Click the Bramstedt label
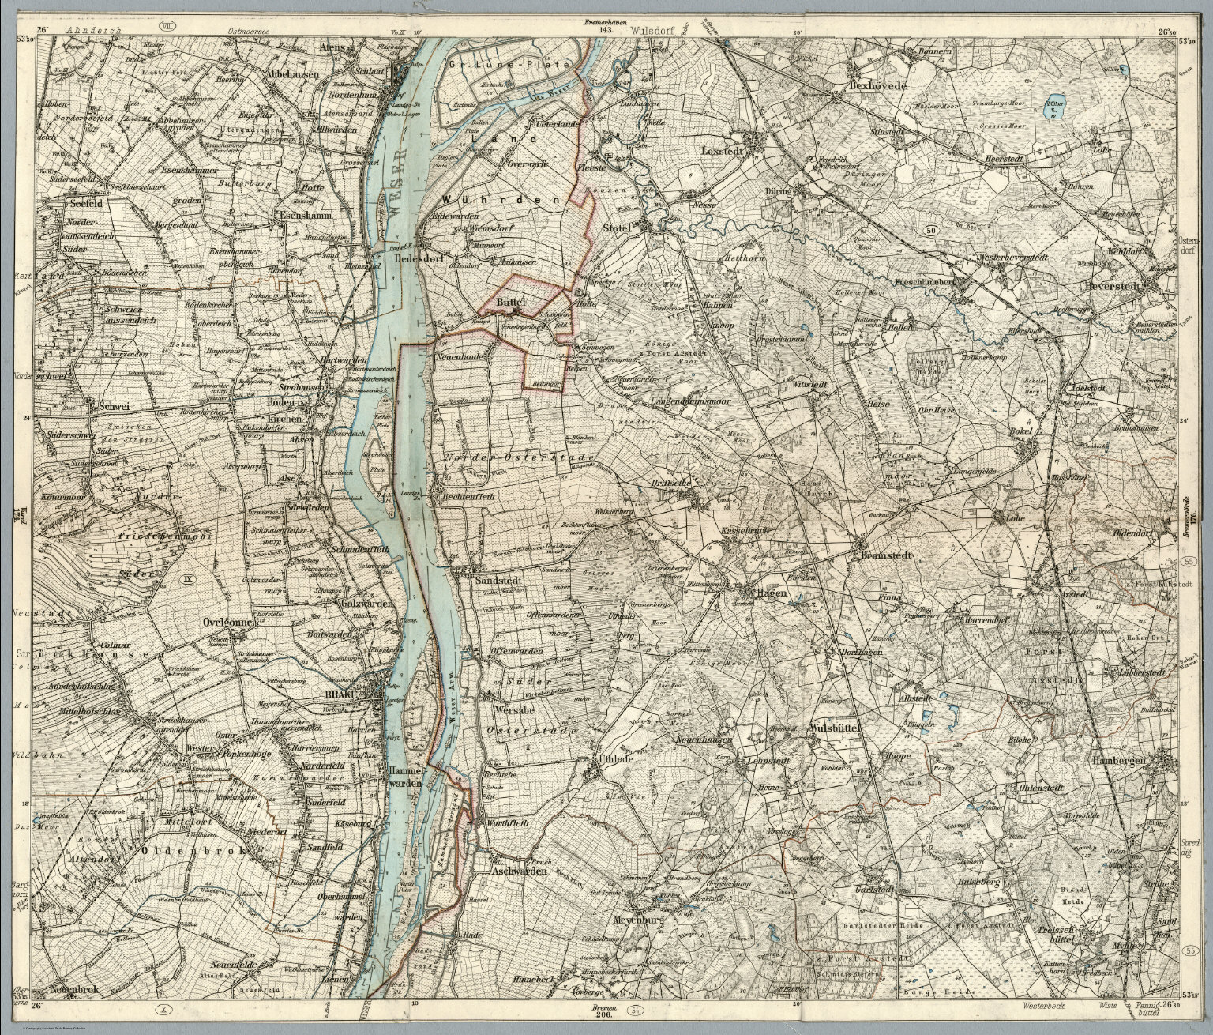coord(885,555)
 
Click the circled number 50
coord(930,230)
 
